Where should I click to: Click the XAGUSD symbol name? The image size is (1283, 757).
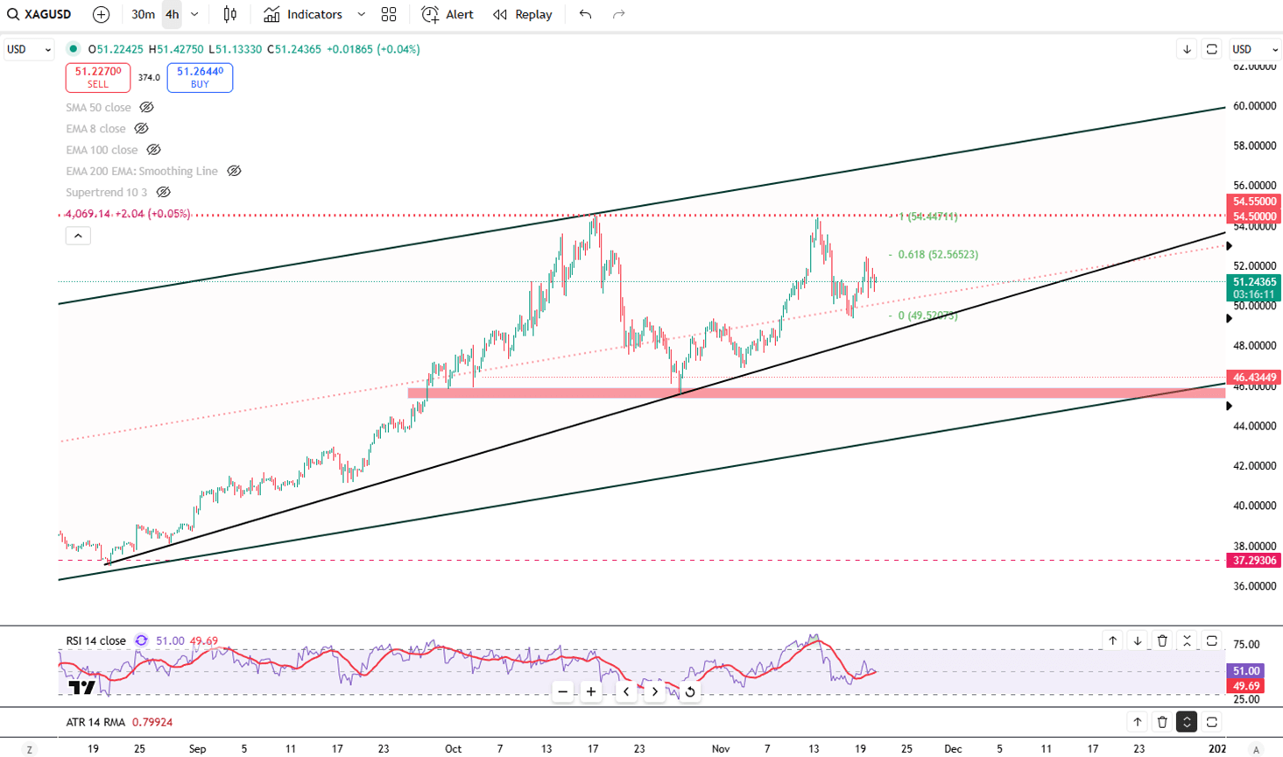click(46, 14)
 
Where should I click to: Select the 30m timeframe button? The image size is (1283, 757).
click(143, 14)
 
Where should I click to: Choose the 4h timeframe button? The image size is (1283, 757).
click(172, 14)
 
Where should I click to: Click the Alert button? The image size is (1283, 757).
click(448, 14)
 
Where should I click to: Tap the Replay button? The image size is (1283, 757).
click(523, 14)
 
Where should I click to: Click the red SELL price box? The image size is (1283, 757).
click(97, 77)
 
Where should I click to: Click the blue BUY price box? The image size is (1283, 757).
click(200, 77)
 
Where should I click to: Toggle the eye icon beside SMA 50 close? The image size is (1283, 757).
click(147, 107)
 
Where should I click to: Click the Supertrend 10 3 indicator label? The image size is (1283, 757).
click(106, 192)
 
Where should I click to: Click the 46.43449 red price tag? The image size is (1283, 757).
click(1254, 378)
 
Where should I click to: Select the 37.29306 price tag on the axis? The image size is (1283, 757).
click(1254, 560)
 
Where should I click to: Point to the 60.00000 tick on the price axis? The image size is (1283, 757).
click(1254, 106)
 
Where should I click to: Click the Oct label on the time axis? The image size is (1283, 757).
click(453, 749)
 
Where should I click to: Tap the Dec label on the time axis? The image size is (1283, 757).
click(953, 749)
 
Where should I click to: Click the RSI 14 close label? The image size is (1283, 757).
click(95, 640)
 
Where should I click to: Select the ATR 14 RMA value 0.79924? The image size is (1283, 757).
click(152, 722)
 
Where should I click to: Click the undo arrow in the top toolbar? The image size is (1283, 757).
click(585, 14)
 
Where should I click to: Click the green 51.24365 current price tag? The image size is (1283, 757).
click(1254, 282)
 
